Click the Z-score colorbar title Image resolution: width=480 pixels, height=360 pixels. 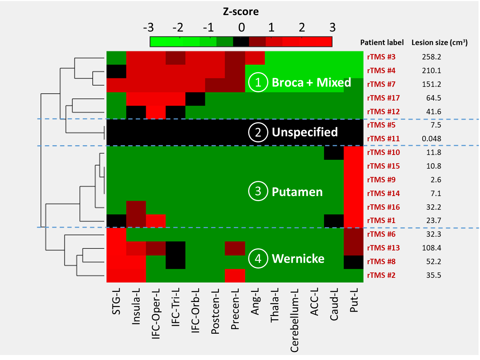(241, 12)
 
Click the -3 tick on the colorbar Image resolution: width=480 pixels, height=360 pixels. (148, 27)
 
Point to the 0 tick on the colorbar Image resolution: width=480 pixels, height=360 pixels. (241, 27)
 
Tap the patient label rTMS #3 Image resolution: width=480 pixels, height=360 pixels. (381, 57)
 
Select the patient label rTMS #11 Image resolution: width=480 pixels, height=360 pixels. (383, 139)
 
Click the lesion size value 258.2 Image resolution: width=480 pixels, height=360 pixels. (431, 57)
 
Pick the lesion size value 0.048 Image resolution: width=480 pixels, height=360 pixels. (431, 139)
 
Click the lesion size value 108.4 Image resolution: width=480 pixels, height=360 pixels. (431, 248)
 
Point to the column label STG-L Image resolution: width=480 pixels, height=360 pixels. (116, 301)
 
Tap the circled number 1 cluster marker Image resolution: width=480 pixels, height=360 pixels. (258, 83)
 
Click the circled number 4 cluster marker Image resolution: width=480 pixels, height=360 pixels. (258, 259)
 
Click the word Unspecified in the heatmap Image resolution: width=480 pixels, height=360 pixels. (305, 132)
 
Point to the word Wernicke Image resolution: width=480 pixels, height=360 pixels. (298, 259)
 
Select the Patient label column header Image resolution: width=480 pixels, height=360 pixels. (382, 43)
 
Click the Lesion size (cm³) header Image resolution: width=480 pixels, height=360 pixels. (439, 43)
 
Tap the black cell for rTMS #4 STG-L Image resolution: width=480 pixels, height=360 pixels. (116, 71)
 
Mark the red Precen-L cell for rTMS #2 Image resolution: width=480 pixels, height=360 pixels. (235, 276)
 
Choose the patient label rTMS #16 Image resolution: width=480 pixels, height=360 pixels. (383, 207)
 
